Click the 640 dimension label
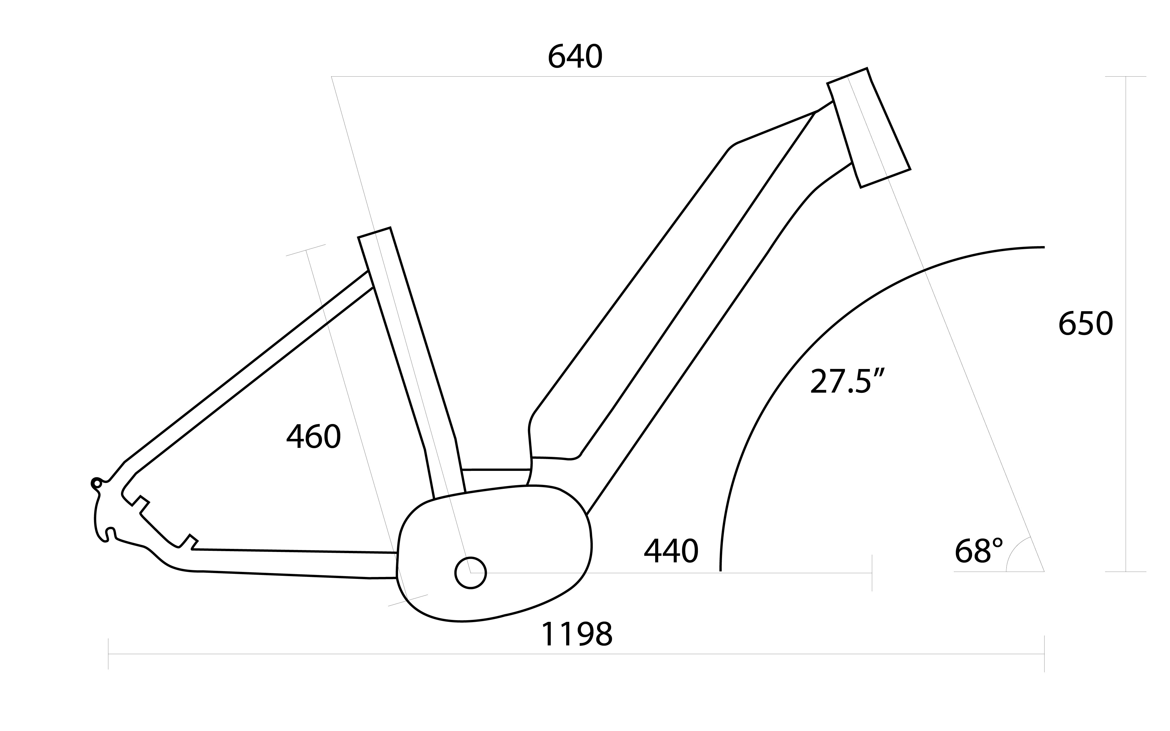[575, 57]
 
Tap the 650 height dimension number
[1086, 324]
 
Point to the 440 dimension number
[671, 551]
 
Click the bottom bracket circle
[470, 573]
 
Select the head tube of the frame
[869, 128]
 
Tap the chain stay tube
[290, 563]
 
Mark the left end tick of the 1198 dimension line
[108, 654]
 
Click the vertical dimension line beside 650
[1126, 324]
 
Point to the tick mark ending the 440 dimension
[872, 573]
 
